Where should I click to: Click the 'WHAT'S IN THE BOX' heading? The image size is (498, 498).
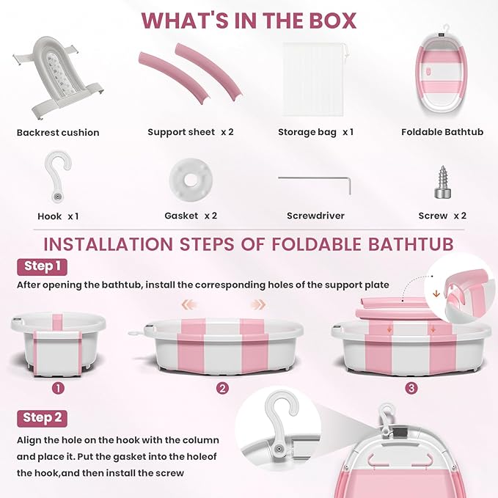249,20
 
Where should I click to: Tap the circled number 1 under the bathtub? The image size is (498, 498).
58,388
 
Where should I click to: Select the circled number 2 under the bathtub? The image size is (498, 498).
222,388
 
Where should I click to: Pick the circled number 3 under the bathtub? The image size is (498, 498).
411,388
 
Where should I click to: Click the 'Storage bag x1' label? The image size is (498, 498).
315,132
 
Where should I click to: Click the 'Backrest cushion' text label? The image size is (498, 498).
58,133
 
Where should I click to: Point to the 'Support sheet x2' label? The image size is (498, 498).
191,132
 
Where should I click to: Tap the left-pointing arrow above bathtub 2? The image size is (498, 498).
188,304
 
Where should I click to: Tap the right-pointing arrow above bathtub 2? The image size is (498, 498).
257,304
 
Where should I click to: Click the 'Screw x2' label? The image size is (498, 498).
442,216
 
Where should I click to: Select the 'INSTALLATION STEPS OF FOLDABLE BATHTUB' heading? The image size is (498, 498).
249,243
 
